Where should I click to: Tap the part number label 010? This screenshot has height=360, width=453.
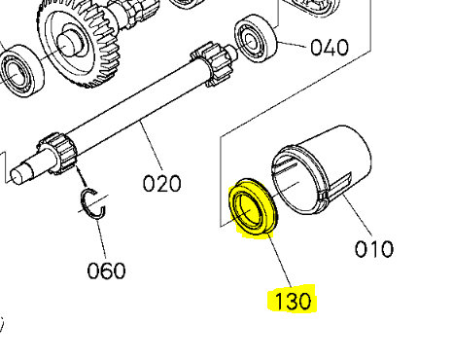pos(372,248)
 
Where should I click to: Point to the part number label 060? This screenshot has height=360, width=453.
pos(106,269)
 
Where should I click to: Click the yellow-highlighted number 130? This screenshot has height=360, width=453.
pos(294,301)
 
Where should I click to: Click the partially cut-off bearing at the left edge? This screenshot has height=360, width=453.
pos(14,71)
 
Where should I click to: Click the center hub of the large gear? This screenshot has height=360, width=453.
pos(71,43)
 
